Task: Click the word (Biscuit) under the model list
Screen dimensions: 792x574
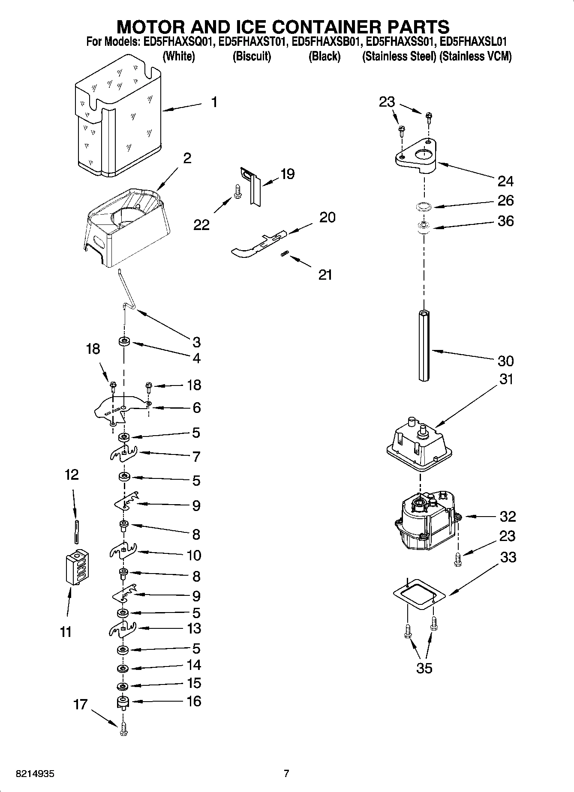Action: pyautogui.click(x=252, y=57)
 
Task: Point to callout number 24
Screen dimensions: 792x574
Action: pyautogui.click(x=505, y=181)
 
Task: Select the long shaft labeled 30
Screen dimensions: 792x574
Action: pyautogui.click(x=424, y=345)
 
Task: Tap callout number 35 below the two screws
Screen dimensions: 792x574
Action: pyautogui.click(x=424, y=668)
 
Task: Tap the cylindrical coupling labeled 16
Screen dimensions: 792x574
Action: pyautogui.click(x=123, y=702)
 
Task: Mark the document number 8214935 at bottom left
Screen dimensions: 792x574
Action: pyautogui.click(x=35, y=774)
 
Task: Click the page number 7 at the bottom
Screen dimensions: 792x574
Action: pyautogui.click(x=286, y=774)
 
